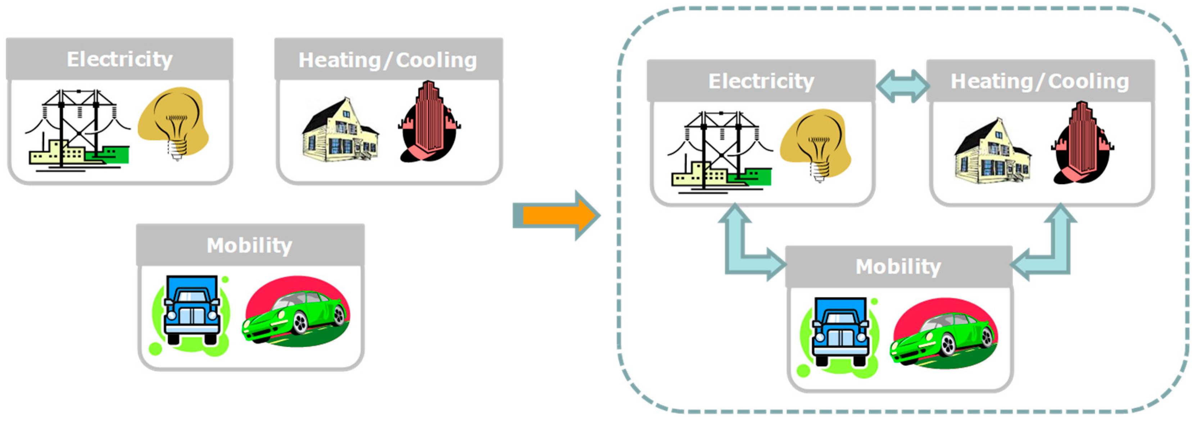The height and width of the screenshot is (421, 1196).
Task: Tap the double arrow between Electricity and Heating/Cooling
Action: tap(902, 86)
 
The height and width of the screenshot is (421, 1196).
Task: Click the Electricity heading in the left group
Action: tap(119, 59)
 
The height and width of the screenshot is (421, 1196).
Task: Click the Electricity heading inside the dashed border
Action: tap(761, 81)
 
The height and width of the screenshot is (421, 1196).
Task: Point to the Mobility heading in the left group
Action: tap(249, 245)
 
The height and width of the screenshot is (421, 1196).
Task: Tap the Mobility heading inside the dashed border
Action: tap(898, 267)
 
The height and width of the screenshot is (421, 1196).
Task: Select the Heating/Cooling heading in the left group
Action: tap(388, 60)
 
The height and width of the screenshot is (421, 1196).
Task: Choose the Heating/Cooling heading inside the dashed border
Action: tap(1039, 81)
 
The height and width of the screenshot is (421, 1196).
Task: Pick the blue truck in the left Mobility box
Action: tap(191, 310)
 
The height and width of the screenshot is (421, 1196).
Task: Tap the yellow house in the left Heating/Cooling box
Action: tap(340, 132)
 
